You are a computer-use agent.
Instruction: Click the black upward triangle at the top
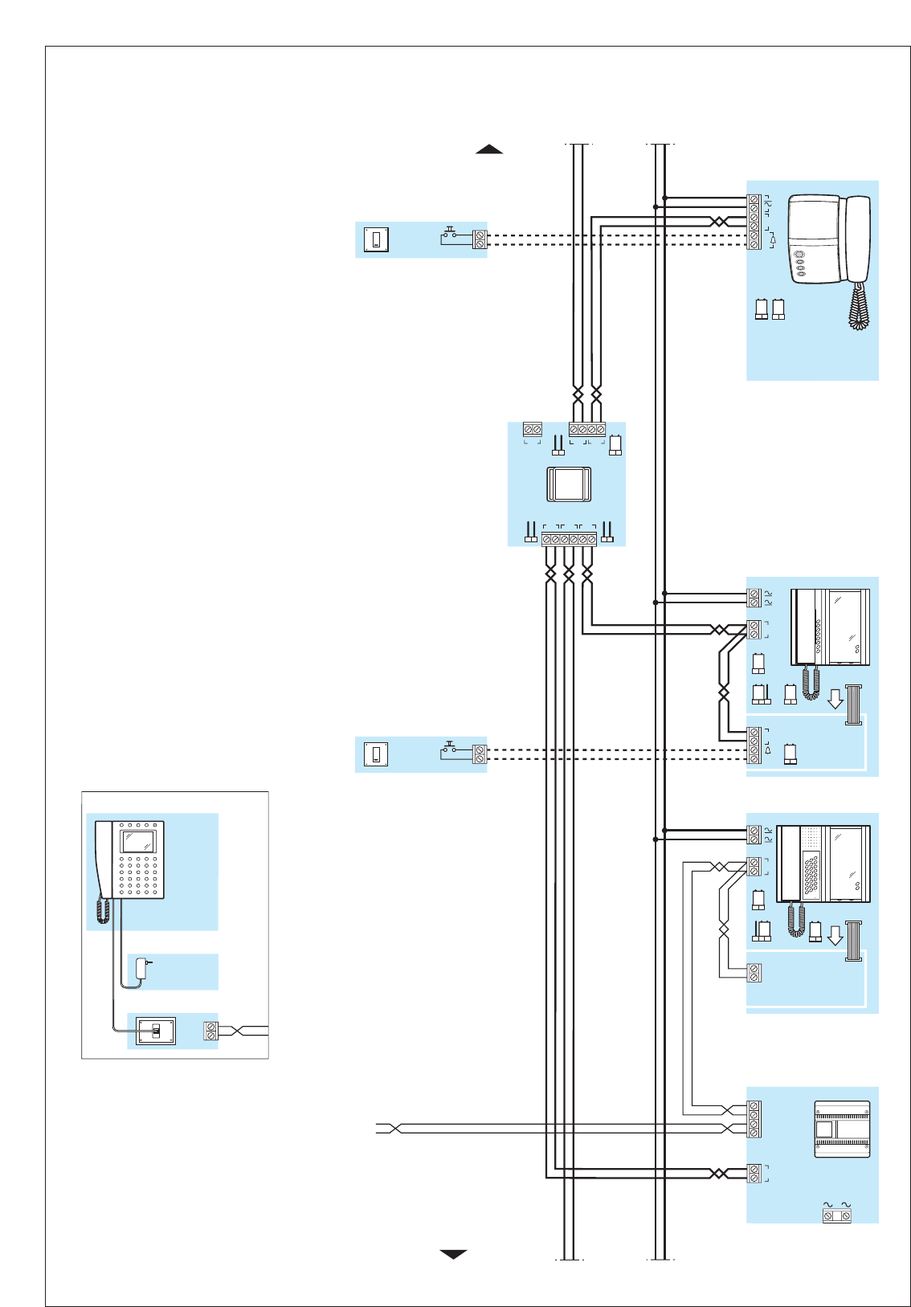pyautogui.click(x=489, y=149)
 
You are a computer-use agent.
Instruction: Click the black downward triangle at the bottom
pyautogui.click(x=454, y=1254)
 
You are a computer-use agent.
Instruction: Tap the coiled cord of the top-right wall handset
pyautogui.click(x=859, y=305)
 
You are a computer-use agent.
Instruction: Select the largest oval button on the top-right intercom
pyautogui.click(x=799, y=256)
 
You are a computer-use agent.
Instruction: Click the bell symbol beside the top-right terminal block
pyautogui.click(x=773, y=239)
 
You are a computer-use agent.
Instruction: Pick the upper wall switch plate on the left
pyautogui.click(x=376, y=239)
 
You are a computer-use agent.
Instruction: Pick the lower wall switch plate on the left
pyautogui.click(x=376, y=754)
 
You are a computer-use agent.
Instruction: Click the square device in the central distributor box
pyautogui.click(x=569, y=484)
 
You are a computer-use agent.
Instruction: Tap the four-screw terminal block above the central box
pyautogui.click(x=587, y=430)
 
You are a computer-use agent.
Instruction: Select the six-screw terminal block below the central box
pyautogui.click(x=569, y=539)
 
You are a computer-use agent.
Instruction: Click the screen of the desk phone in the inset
pyautogui.click(x=137, y=841)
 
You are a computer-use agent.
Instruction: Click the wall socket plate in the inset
pyautogui.click(x=156, y=1031)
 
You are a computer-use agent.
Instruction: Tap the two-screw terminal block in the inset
pyautogui.click(x=211, y=1031)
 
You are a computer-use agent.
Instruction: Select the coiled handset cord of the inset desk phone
pyautogui.click(x=103, y=910)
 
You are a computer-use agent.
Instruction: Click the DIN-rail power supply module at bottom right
pyautogui.click(x=842, y=1129)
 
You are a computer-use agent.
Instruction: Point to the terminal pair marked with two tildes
pyautogui.click(x=836, y=1216)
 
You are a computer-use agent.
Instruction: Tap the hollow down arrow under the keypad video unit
pyautogui.click(x=835, y=934)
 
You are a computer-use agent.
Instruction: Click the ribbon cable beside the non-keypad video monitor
pyautogui.click(x=853, y=705)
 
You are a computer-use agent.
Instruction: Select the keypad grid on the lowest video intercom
pyautogui.click(x=811, y=875)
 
